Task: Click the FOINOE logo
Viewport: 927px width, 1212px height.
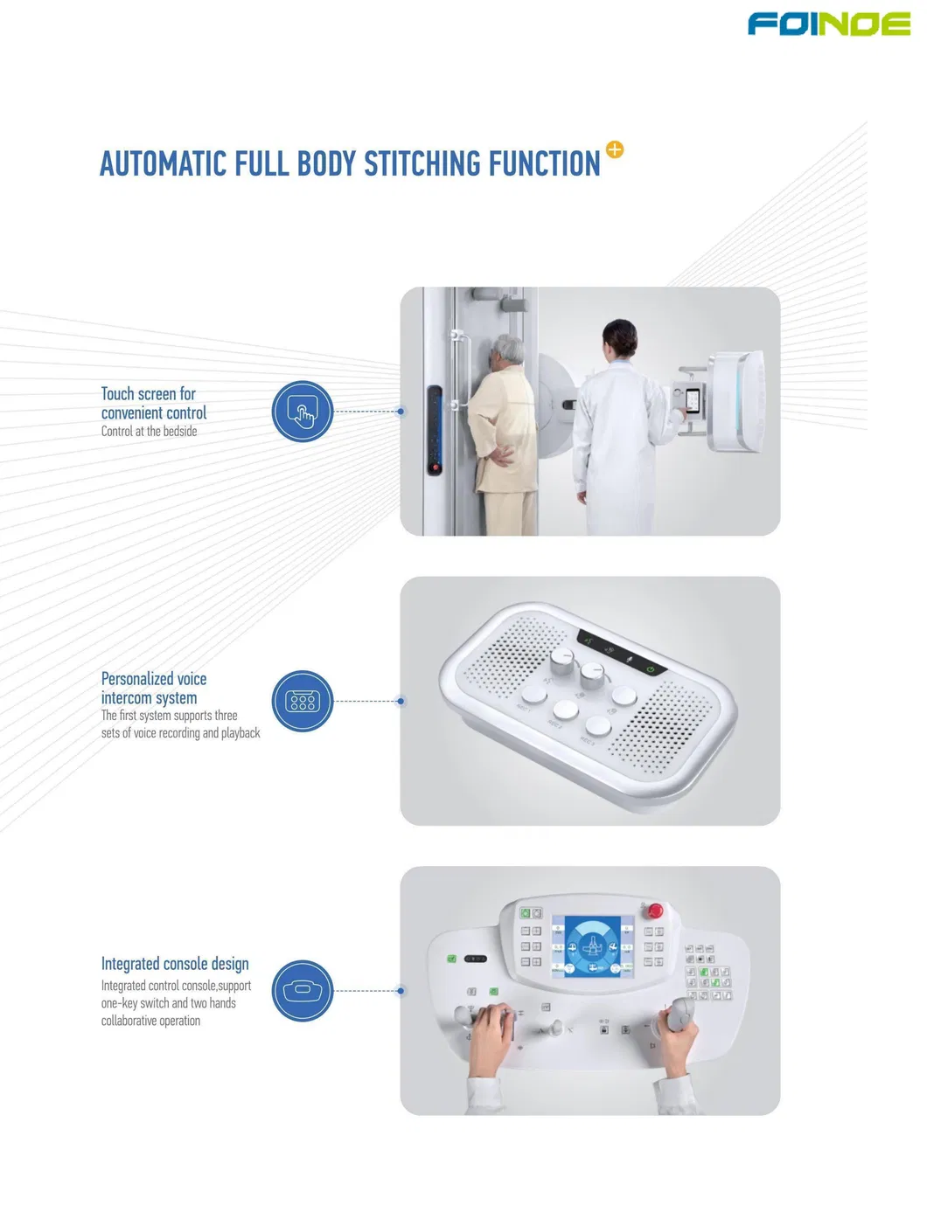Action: tap(829, 24)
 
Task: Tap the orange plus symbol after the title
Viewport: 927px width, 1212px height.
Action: tap(614, 149)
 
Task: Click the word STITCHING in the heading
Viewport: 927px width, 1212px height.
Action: tap(423, 163)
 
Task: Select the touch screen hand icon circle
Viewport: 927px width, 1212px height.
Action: tap(303, 412)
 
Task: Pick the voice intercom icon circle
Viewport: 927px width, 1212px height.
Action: tap(303, 702)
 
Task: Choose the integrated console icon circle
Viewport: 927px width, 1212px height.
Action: tap(303, 991)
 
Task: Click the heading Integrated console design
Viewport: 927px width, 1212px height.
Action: tap(175, 964)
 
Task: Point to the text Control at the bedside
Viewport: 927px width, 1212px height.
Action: tap(150, 432)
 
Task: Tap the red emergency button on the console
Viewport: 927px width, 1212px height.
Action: tap(655, 911)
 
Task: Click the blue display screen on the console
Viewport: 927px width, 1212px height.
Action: tap(593, 946)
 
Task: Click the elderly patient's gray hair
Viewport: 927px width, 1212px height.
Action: tap(509, 349)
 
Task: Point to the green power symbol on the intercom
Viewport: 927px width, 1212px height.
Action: tap(651, 669)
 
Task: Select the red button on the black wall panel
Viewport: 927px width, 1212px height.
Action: tap(436, 467)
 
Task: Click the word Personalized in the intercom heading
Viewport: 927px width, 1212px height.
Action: tap(130, 679)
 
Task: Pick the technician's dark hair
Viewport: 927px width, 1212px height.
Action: tap(620, 336)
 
